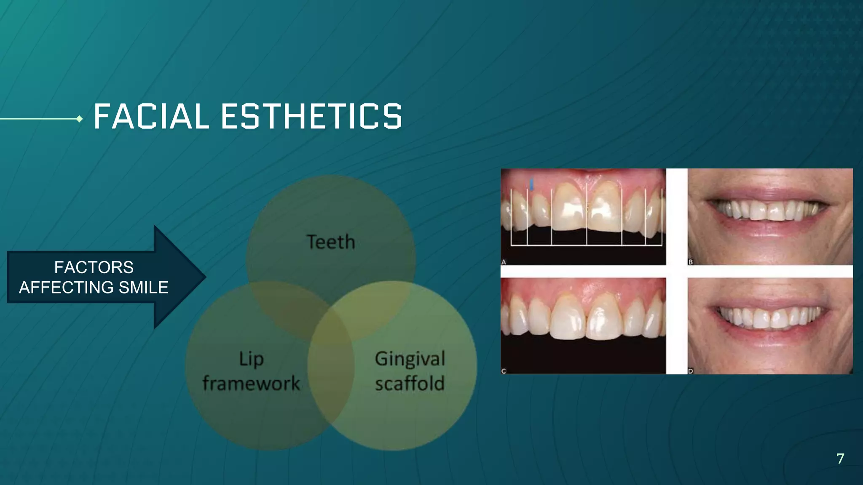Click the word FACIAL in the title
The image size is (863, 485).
pos(151,117)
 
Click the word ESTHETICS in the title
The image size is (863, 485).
pos(312,117)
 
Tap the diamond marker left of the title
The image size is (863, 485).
pos(79,119)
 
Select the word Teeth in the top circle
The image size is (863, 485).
pos(331,242)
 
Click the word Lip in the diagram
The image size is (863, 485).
pos(252,359)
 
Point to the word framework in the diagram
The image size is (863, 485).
pos(251,384)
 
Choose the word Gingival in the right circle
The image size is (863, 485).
pos(410,359)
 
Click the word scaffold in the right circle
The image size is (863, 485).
pos(410,384)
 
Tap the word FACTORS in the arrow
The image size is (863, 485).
pos(94,267)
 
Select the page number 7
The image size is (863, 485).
pos(840,458)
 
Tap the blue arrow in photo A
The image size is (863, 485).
pos(532,184)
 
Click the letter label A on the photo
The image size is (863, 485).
pos(504,262)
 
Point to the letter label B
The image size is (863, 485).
pos(691,262)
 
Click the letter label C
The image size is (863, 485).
pos(504,371)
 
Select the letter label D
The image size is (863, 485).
pos(691,371)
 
